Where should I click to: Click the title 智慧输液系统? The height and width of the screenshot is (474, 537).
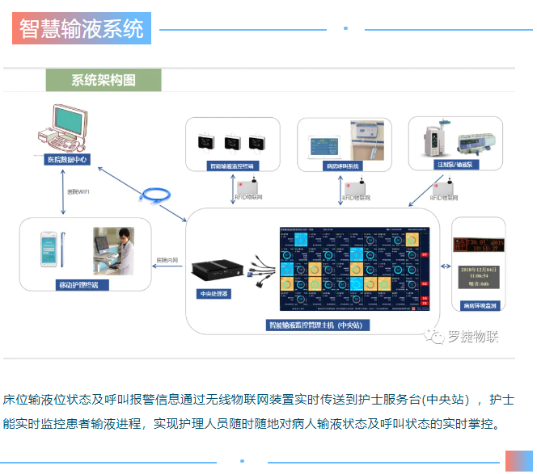click(x=82, y=29)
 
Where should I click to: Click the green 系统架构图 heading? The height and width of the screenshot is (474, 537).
click(x=103, y=80)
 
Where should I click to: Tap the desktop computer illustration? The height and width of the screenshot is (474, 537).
click(x=69, y=129)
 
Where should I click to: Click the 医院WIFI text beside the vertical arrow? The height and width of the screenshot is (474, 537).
click(x=78, y=192)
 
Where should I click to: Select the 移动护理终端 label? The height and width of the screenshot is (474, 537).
click(x=78, y=285)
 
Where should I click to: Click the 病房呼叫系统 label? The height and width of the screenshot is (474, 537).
click(x=343, y=166)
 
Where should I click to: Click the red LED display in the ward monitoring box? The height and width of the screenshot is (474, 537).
click(x=477, y=243)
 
